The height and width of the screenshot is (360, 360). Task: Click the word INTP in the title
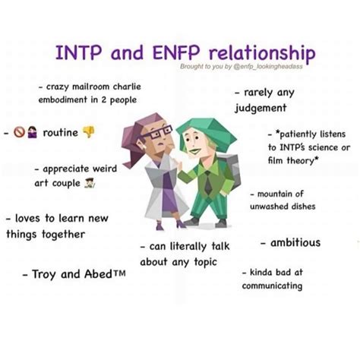[79, 52]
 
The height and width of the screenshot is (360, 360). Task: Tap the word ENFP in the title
[176, 52]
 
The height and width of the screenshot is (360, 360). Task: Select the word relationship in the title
[262, 54]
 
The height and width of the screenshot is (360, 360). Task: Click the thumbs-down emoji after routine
[89, 132]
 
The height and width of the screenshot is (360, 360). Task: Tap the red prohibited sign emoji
[19, 132]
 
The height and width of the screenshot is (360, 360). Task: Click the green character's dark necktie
[208, 183]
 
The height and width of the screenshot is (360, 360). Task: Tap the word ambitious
[295, 242]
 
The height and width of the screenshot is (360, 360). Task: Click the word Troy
[43, 274]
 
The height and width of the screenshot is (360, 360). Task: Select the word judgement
[261, 108]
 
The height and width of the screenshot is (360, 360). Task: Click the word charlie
[127, 87]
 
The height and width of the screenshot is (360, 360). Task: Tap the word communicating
[272, 286]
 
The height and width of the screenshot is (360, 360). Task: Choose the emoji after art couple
[90, 183]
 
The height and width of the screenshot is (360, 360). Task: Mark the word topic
[205, 262]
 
